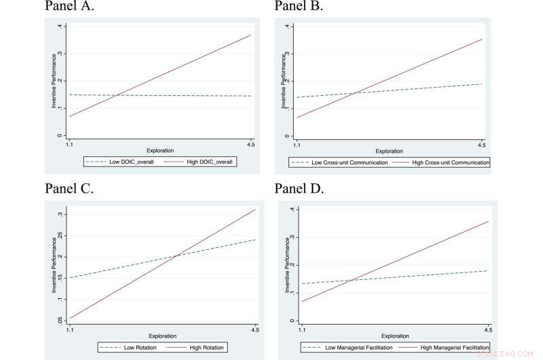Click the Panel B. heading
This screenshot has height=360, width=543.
pyautogui.click(x=299, y=7)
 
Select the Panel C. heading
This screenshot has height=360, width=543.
pyautogui.click(x=70, y=189)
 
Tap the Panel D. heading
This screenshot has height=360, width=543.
pyautogui.click(x=299, y=189)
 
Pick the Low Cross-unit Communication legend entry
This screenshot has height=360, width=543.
pyautogui.click(x=342, y=163)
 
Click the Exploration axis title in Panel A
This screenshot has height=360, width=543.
pyautogui.click(x=160, y=150)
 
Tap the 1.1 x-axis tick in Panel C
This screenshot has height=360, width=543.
pyautogui.click(x=70, y=329)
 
